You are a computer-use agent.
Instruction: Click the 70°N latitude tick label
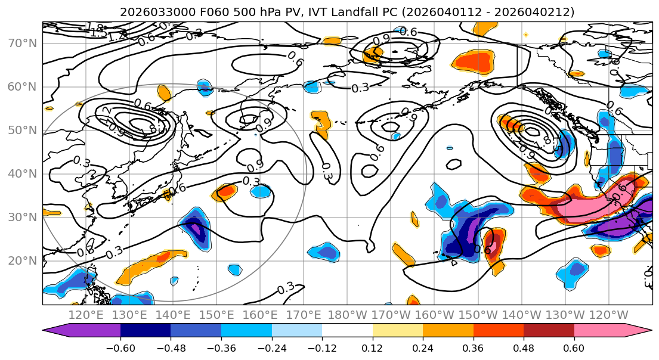tap(22, 43)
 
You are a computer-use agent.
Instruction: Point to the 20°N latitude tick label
tap(22, 260)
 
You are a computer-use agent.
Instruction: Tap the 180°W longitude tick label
tap(348, 314)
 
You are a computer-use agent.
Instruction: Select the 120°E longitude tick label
tap(86, 314)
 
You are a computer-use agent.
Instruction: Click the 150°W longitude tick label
tap(478, 314)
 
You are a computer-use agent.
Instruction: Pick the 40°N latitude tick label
tap(22, 173)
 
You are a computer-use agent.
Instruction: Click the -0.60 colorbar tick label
tap(120, 347)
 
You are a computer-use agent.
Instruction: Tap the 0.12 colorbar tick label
tap(373, 347)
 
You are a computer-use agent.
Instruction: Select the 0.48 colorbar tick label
tap(524, 347)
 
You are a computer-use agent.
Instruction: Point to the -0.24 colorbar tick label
tap(272, 347)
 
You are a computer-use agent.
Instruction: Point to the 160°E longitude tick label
tap(261, 314)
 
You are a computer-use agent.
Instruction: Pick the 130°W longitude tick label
tap(565, 314)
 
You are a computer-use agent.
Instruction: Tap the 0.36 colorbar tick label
tap(474, 347)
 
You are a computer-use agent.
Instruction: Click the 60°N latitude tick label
tap(22, 86)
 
